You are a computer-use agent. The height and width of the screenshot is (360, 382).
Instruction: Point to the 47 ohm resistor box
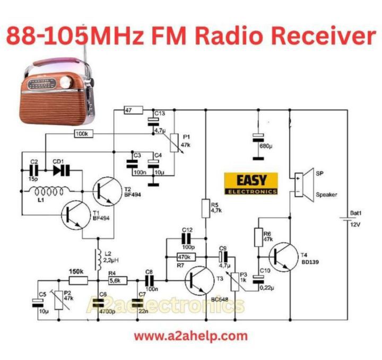(x=133, y=110)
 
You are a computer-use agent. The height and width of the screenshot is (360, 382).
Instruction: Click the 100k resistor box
(x=83, y=133)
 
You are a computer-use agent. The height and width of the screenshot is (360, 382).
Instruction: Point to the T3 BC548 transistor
(x=200, y=279)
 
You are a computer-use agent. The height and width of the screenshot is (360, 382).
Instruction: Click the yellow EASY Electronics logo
(x=251, y=183)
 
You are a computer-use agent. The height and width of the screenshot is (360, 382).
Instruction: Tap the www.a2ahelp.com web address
(x=190, y=336)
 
